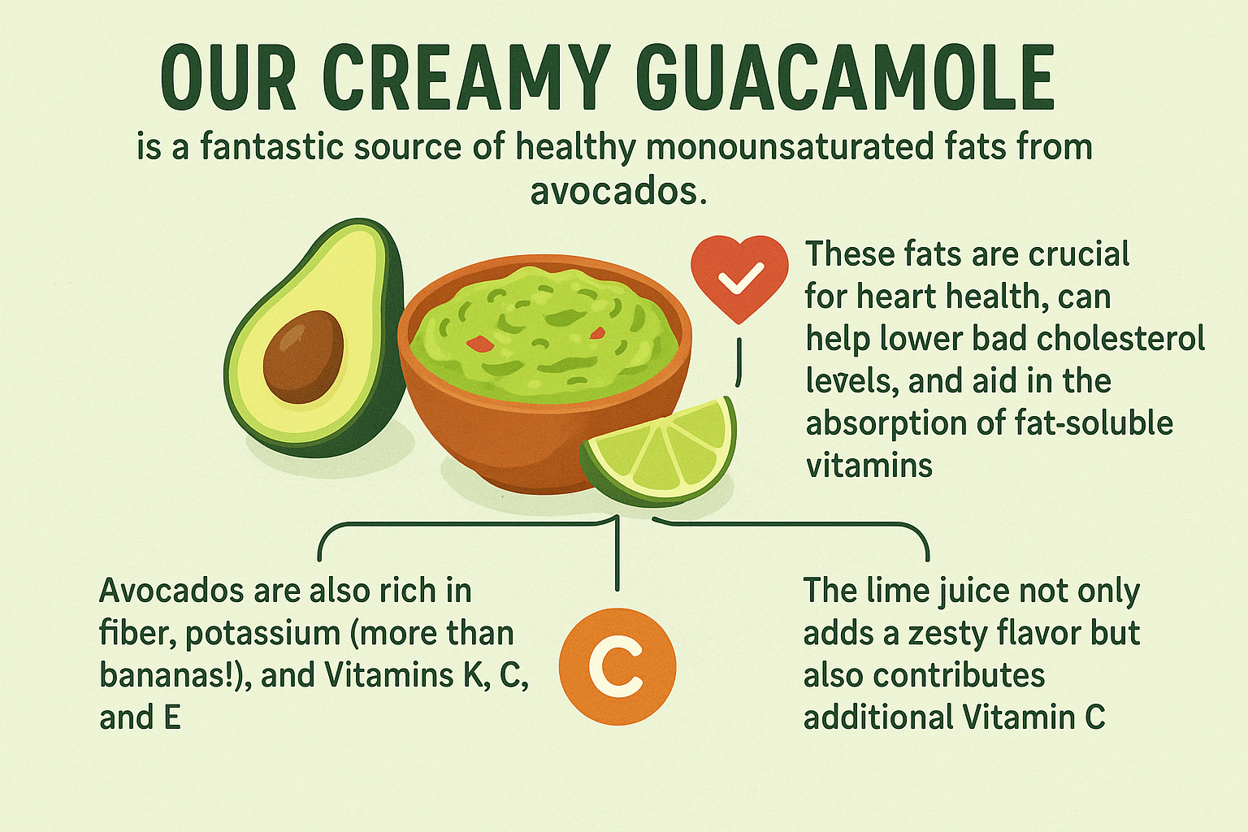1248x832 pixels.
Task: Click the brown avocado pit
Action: (x=303, y=357)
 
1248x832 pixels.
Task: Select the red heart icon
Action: (x=739, y=279)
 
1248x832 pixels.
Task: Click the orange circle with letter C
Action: (x=617, y=666)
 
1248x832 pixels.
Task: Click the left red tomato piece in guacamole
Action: (x=479, y=344)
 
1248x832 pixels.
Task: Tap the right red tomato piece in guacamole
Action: (x=597, y=334)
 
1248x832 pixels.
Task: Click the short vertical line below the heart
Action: (x=739, y=362)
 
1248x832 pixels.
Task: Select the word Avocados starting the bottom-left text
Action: (x=171, y=591)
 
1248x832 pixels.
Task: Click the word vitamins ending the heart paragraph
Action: (x=869, y=465)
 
